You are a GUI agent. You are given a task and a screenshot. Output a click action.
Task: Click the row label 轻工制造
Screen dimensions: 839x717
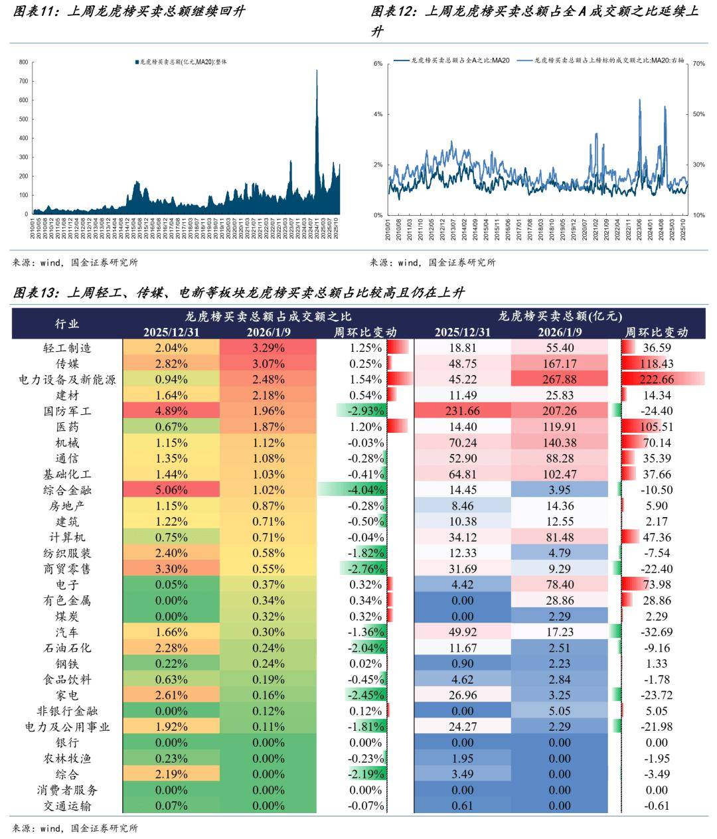click(67, 348)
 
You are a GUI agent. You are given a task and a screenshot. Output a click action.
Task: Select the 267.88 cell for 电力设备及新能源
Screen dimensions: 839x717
click(559, 380)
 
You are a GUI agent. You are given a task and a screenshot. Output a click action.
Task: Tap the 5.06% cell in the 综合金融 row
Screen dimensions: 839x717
click(171, 490)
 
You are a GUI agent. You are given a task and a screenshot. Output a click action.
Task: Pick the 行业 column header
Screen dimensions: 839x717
click(67, 324)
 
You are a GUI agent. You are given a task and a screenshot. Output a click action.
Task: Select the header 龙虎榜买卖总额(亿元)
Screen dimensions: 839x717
click(560, 316)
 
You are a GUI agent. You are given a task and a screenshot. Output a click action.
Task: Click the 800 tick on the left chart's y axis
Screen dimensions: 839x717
click(23, 62)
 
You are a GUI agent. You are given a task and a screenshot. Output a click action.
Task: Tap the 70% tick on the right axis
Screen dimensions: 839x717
click(698, 64)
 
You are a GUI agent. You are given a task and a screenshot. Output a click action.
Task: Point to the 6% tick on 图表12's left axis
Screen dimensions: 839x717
click(378, 64)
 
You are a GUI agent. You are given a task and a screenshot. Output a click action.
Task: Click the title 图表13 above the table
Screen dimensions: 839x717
click(239, 293)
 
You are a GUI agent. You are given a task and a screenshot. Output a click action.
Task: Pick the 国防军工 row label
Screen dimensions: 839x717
click(67, 411)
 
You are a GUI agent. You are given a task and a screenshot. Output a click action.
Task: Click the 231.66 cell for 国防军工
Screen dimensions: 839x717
click(462, 411)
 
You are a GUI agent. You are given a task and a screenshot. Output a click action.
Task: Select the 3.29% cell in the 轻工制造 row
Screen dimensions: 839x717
click(268, 348)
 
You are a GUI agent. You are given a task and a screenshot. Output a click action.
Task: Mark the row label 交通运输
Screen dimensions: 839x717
click(67, 806)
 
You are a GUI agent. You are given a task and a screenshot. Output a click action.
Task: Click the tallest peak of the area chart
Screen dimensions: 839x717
click(317, 71)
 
